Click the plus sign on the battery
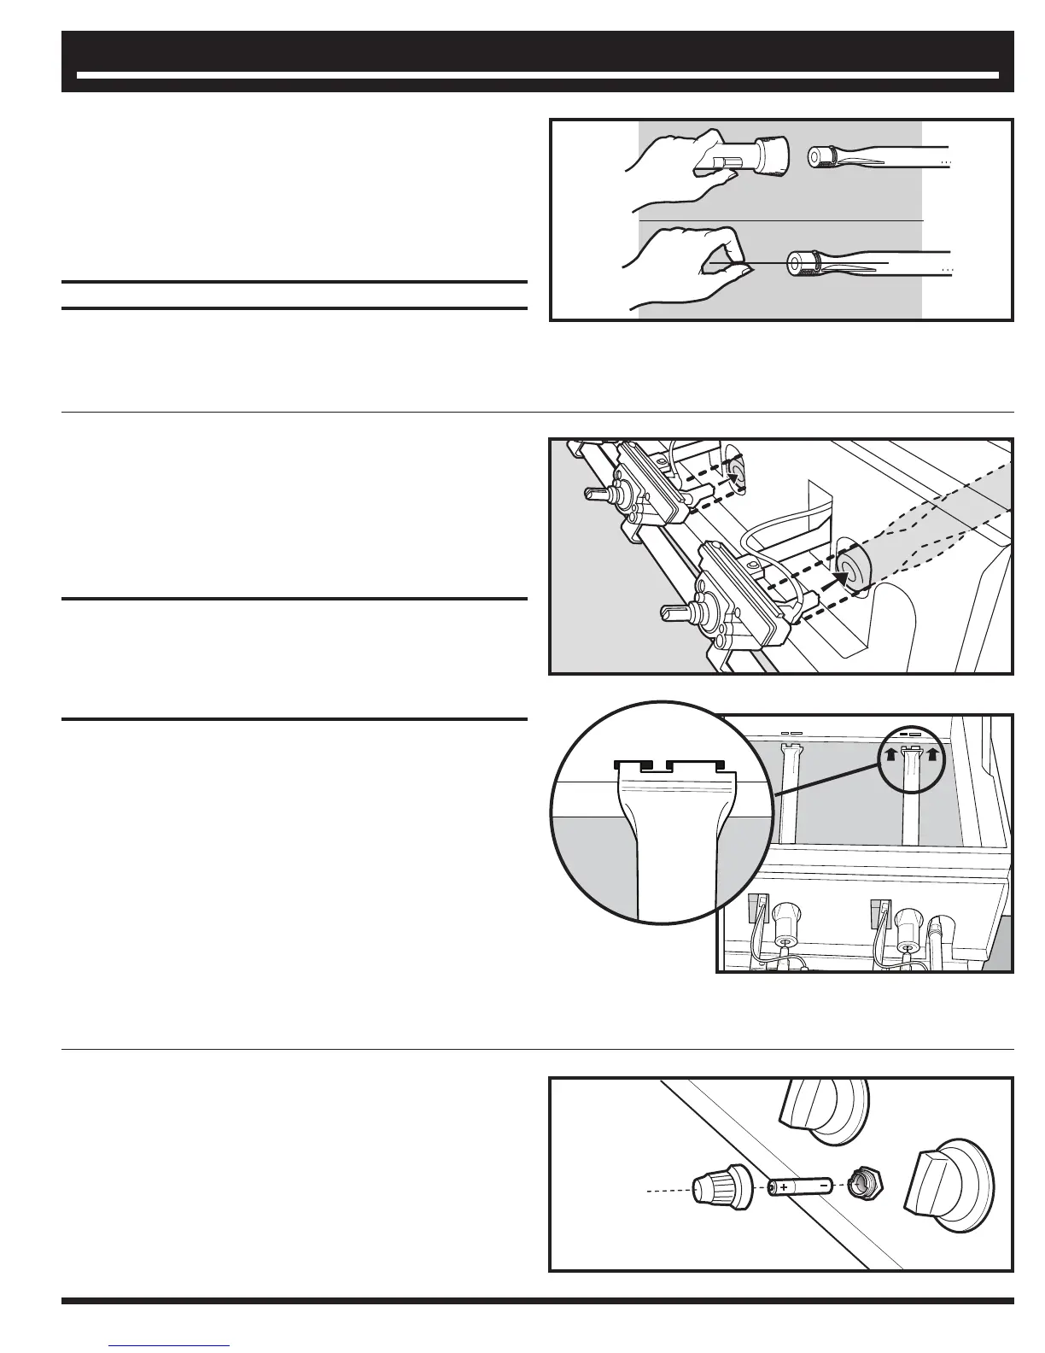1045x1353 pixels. coord(783,1187)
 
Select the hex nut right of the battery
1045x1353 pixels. coord(864,1184)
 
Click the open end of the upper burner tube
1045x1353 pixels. coord(818,156)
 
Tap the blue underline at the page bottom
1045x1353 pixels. coord(170,1346)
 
